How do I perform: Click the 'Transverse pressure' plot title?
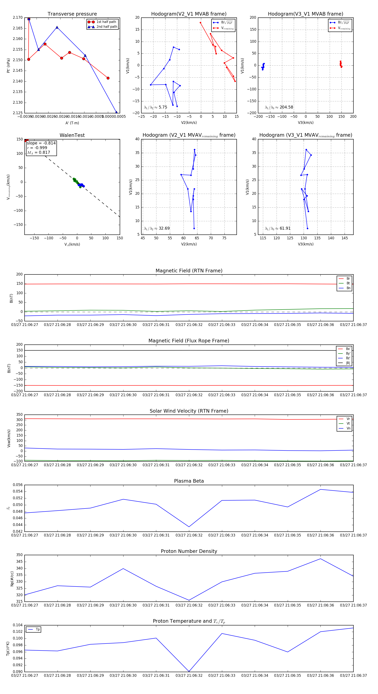(x=72, y=14)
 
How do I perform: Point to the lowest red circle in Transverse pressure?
(x=108, y=78)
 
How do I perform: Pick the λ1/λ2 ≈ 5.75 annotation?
(x=155, y=107)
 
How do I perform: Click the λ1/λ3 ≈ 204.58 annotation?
(x=279, y=107)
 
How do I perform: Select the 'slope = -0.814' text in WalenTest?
(x=41, y=143)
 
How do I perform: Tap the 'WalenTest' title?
(x=72, y=135)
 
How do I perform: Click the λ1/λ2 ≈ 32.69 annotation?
(x=157, y=228)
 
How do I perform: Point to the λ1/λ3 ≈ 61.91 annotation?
(x=278, y=228)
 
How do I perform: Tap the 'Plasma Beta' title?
(x=189, y=481)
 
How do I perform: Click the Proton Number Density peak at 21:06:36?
(x=320, y=559)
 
